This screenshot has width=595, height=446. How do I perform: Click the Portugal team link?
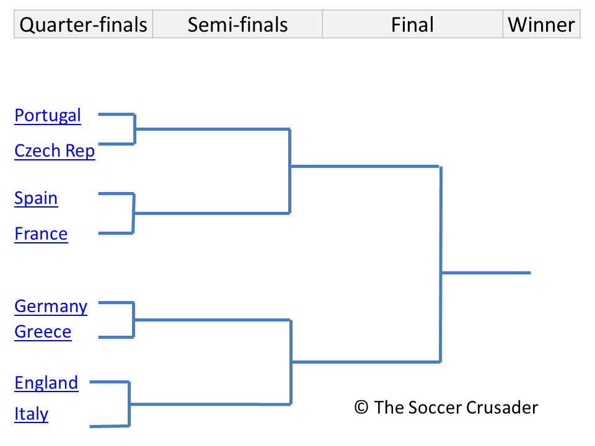tap(48, 116)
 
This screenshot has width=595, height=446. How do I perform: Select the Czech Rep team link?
tap(55, 151)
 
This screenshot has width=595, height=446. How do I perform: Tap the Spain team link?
tap(36, 198)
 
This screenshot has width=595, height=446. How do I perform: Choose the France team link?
tap(41, 234)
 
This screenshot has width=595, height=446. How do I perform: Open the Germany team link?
tap(51, 307)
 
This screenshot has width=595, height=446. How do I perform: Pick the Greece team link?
tap(43, 332)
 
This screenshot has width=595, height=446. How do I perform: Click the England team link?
tap(46, 383)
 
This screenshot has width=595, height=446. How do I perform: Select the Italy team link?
tap(31, 414)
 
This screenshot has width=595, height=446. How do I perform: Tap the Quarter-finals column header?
tap(84, 25)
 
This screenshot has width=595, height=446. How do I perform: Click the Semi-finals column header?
tap(237, 25)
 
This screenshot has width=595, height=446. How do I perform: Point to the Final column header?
tap(412, 25)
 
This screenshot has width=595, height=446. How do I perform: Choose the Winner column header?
tap(541, 25)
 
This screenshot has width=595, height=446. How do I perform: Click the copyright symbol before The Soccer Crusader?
tap(361, 408)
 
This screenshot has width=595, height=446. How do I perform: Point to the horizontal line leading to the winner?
tap(486, 273)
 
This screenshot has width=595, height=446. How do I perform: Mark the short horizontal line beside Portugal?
tap(116, 115)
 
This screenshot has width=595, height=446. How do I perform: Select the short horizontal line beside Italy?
tap(109, 426)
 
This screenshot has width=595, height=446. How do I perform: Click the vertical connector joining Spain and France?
tap(133, 213)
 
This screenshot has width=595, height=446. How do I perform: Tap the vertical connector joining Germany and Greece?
tap(133, 320)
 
